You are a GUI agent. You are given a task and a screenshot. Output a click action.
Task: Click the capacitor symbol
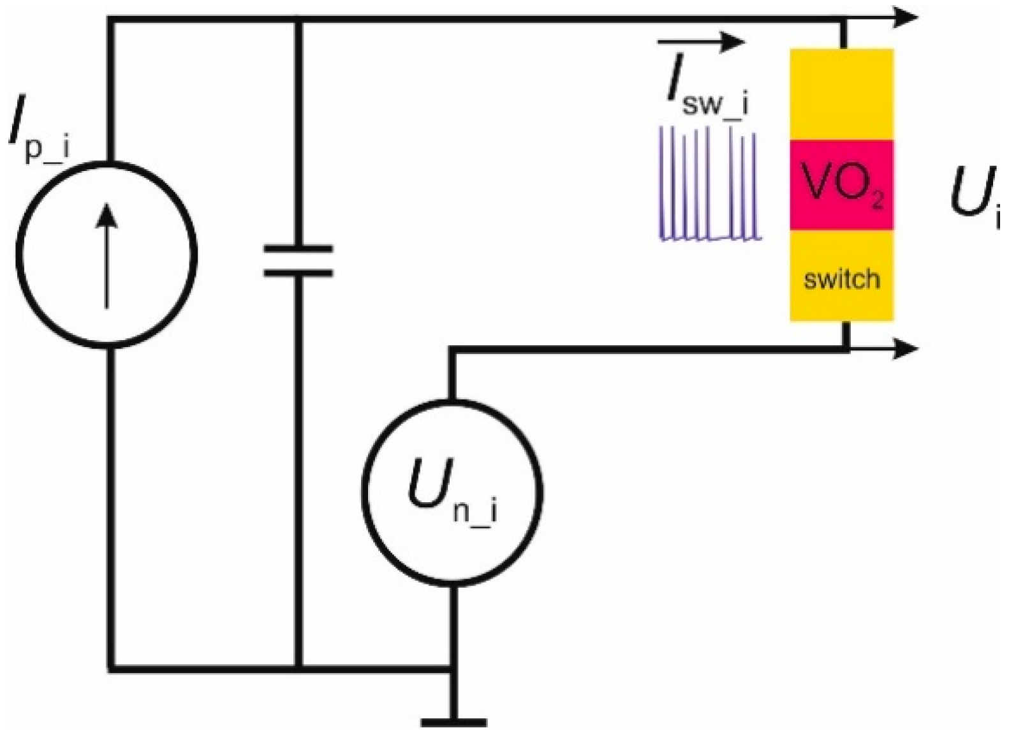pos(298,260)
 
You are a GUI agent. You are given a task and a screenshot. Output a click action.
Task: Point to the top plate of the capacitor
pos(298,249)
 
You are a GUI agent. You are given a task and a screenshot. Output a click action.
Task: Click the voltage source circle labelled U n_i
pos(452,491)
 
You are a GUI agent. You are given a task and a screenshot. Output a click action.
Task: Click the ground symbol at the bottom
pos(453,721)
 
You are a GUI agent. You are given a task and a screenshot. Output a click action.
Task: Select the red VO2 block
pos(841,185)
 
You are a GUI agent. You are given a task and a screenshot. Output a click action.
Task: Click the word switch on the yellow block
pos(841,279)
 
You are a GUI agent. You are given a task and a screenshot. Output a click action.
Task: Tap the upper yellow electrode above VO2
pos(841,94)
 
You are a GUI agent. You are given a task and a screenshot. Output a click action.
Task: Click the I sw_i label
pos(705,93)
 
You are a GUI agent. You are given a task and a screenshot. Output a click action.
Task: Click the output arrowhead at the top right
pos(906,18)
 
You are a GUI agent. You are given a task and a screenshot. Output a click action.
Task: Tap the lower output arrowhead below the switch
pos(906,348)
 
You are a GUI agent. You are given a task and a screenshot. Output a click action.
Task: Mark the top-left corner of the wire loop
pos(110,20)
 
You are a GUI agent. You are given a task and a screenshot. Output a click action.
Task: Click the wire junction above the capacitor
pos(298,20)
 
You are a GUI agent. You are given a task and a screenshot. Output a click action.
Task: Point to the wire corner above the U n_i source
pos(452,349)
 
